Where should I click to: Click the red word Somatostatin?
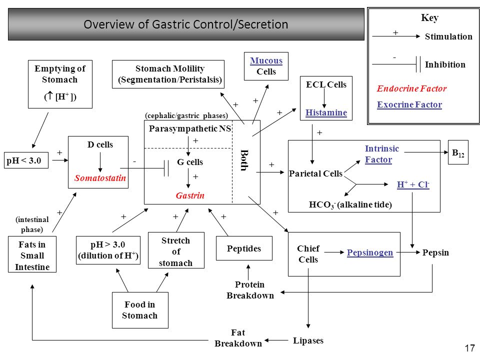tap(100, 178)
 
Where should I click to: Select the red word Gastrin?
tap(190, 195)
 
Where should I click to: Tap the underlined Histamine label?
tap(326, 112)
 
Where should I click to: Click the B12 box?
tap(458, 152)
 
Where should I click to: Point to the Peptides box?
tap(244, 248)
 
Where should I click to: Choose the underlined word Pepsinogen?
tap(370, 252)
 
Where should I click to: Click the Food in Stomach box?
tap(140, 310)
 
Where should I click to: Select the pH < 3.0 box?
tap(26, 160)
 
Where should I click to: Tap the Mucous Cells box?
tap(266, 66)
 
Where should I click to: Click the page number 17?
tap(469, 348)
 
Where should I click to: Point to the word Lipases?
tap(308, 340)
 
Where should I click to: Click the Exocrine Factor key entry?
tap(409, 104)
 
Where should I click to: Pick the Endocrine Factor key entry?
tap(411, 88)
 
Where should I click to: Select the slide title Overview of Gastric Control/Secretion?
tap(186, 24)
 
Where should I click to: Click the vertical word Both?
tap(244, 160)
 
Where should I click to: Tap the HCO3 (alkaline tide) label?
tap(350, 204)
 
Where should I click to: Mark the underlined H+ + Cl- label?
tap(413, 184)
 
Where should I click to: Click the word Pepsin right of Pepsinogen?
tap(435, 252)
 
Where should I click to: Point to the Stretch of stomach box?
tap(176, 250)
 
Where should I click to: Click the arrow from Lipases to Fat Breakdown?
tap(276, 340)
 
